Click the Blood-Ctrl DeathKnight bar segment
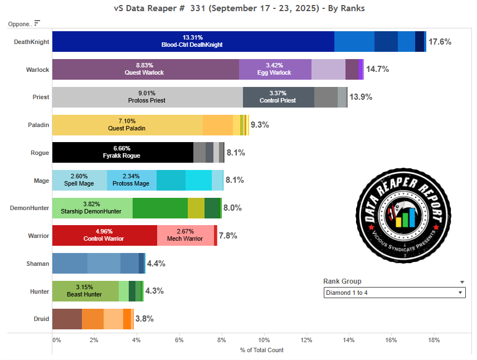193,42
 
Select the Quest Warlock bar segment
145,70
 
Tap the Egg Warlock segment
275,70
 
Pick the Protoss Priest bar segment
147,97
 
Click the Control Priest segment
278,97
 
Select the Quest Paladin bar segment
127,125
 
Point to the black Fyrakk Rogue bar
123,153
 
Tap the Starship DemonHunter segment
92,208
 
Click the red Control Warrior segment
104,236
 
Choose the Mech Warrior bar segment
185,236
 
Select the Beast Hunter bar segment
85,291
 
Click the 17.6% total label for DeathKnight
440,42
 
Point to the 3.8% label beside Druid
144,319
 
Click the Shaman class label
38,264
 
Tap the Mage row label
41,181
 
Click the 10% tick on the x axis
264,339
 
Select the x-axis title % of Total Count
261,350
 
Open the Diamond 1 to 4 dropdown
395,293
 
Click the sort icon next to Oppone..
37,23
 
